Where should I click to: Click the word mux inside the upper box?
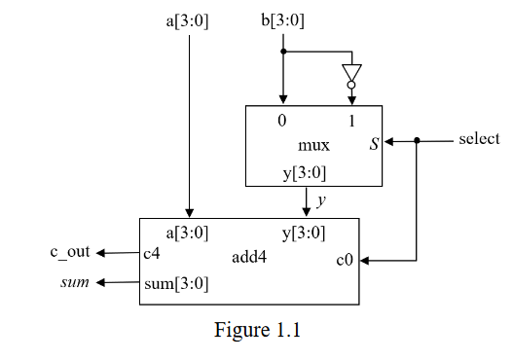tap(313, 146)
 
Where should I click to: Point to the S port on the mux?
tap(374, 145)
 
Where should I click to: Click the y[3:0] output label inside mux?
tap(304, 173)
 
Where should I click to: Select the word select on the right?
tap(479, 140)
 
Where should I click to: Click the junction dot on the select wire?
tap(417, 141)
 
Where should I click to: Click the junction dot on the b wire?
tap(283, 51)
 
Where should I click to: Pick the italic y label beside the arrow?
tap(321, 200)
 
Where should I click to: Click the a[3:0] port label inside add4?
tap(189, 233)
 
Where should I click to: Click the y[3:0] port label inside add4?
tap(304, 233)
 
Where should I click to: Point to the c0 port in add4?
tap(345, 260)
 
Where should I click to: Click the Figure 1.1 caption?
tap(258, 330)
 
